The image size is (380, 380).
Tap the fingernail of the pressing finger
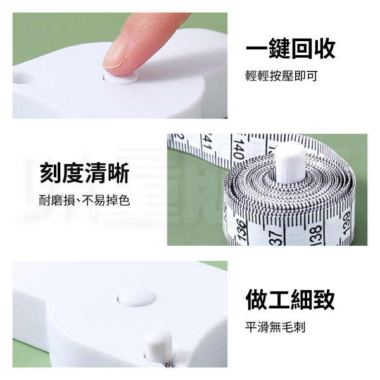(x=117, y=53)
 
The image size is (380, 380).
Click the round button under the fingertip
(x=121, y=77)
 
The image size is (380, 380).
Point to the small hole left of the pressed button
(x=24, y=77)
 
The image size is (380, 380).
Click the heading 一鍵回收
(x=291, y=49)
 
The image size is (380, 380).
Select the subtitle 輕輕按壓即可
(x=281, y=76)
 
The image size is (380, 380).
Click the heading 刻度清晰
(x=84, y=173)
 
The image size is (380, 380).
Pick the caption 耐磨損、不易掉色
(x=84, y=200)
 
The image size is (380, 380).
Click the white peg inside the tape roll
(x=289, y=162)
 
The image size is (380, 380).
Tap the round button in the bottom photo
(x=136, y=296)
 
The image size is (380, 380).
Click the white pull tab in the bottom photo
(x=159, y=345)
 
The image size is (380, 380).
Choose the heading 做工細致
(x=290, y=300)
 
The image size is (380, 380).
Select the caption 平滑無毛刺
(x=275, y=327)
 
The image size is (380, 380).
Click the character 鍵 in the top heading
(x=279, y=49)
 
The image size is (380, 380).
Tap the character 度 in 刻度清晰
(x=73, y=173)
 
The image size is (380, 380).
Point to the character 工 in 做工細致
(x=279, y=300)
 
